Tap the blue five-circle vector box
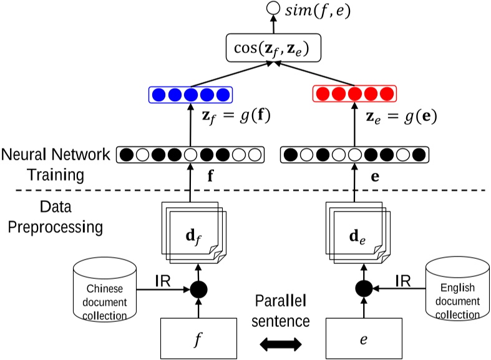(190, 95)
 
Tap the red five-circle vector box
(354, 95)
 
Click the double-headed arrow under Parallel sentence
(281, 343)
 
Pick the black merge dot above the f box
(198, 289)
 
